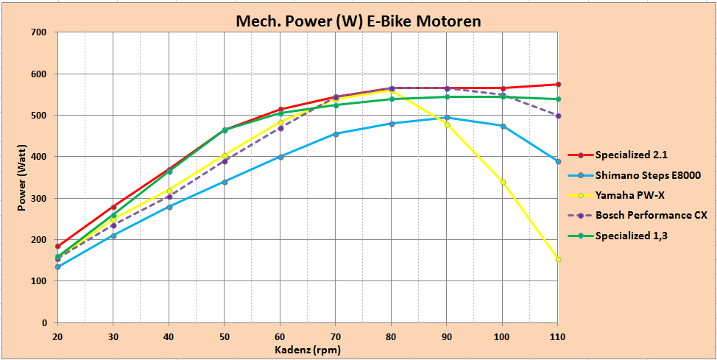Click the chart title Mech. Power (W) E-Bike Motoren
[358, 21]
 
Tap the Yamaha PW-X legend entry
[626, 195]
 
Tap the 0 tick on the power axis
[44, 323]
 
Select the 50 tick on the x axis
[225, 335]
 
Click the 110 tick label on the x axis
[557, 335]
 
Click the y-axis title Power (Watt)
[23, 177]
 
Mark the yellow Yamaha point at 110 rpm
[558, 259]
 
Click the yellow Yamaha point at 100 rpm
[503, 182]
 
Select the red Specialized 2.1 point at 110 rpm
[558, 85]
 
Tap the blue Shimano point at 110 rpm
[558, 161]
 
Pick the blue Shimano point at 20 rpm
[58, 267]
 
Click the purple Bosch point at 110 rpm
[558, 116]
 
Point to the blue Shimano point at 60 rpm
[280, 157]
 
